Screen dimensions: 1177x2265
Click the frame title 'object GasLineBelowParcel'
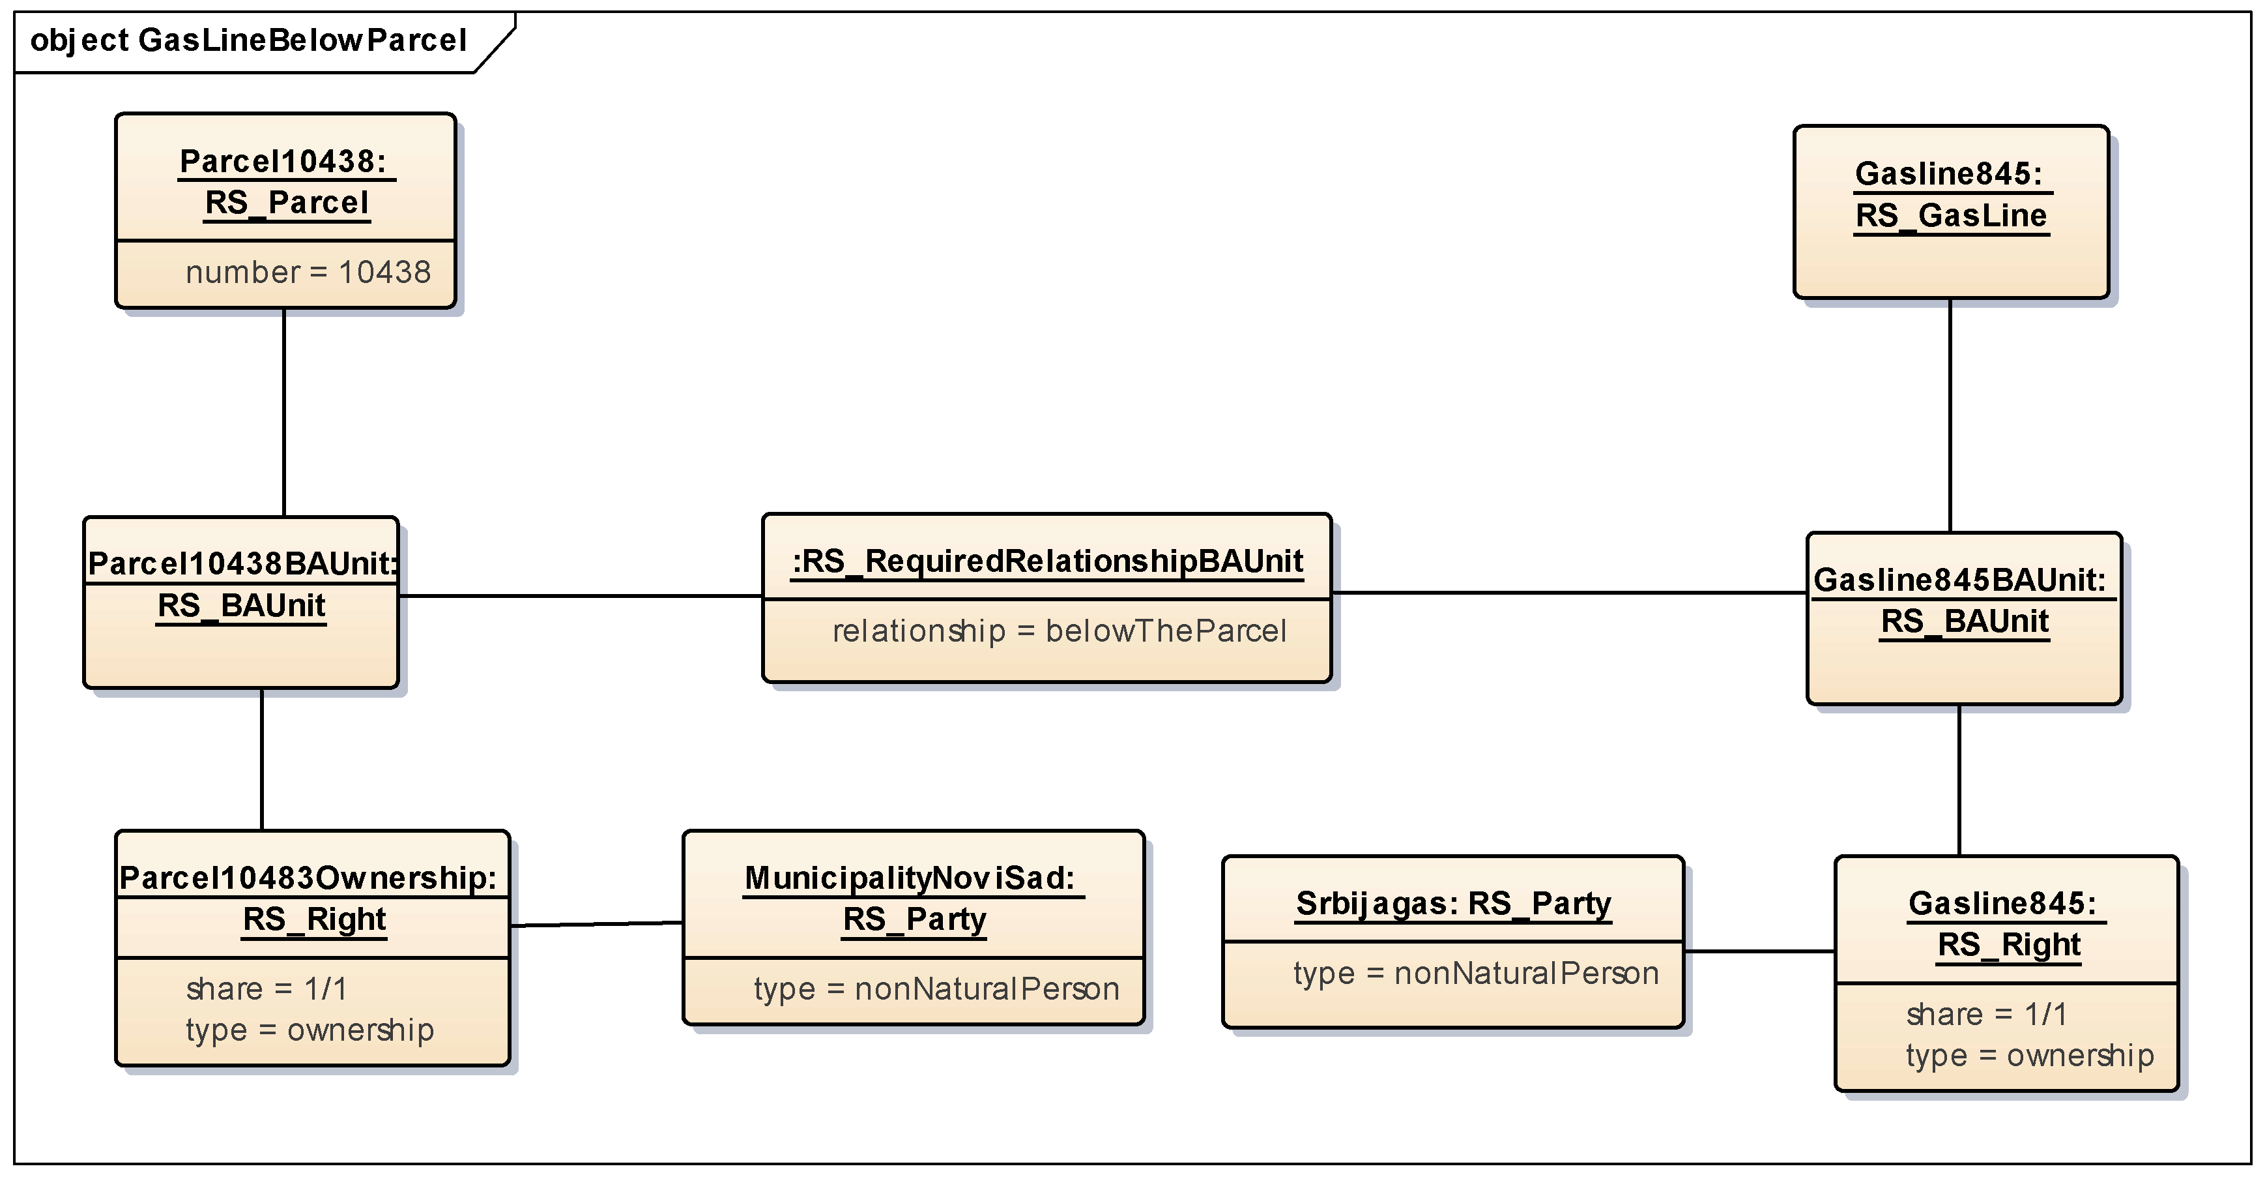[x=248, y=40]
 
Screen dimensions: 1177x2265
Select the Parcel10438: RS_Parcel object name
[x=286, y=182]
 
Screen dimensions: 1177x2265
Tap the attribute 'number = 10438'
[x=308, y=273]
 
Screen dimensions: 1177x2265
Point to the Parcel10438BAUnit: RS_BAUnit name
[x=242, y=584]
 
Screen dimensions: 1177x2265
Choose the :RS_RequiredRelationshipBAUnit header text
[x=1047, y=561]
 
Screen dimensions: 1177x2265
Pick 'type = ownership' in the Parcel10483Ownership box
[x=310, y=1030]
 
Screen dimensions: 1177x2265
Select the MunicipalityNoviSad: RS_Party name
[x=913, y=898]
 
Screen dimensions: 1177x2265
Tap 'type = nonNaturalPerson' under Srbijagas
[x=1475, y=974]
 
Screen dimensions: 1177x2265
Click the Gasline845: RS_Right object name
[x=2006, y=923]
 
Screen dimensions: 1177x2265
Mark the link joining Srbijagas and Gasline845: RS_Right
[x=1759, y=951]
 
